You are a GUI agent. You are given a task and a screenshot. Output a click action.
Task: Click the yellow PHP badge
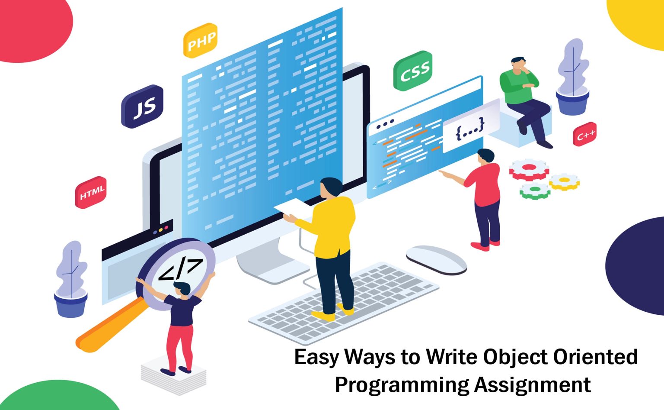tap(200, 41)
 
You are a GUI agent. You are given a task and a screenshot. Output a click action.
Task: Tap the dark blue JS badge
tap(142, 107)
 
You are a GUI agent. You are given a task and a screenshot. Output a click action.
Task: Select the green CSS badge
tap(413, 71)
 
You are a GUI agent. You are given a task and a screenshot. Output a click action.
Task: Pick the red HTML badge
tap(91, 192)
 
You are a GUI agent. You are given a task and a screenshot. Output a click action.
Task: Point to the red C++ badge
tap(585, 135)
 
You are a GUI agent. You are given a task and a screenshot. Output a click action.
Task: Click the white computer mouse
tap(436, 259)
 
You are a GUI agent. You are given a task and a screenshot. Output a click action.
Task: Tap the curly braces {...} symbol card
tap(470, 127)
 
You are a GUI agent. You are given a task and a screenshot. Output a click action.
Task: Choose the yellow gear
tap(565, 181)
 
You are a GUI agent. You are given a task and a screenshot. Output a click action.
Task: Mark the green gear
tap(535, 190)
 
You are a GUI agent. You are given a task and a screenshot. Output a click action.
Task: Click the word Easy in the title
tap(316, 358)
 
